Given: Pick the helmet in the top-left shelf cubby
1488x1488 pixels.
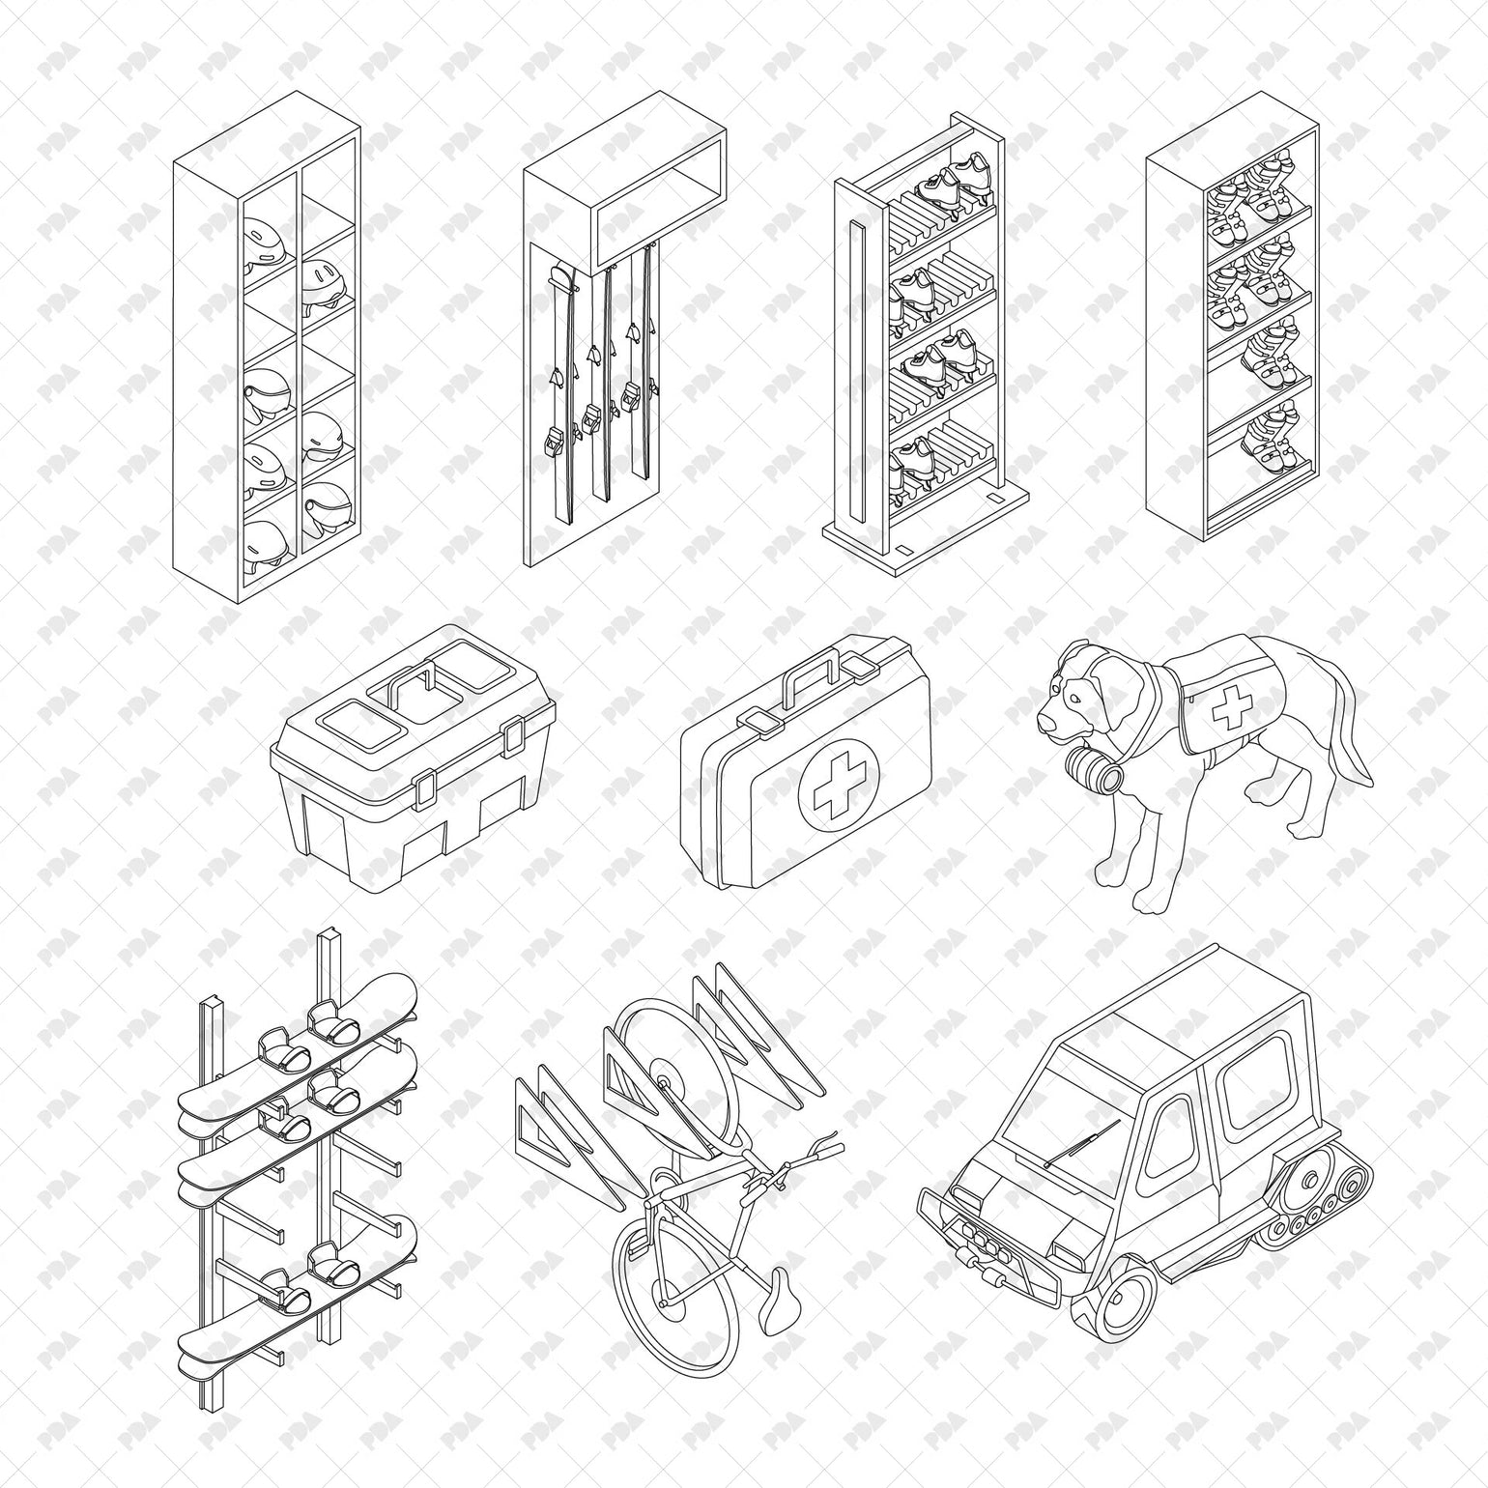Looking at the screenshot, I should pyautogui.click(x=263, y=241).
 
